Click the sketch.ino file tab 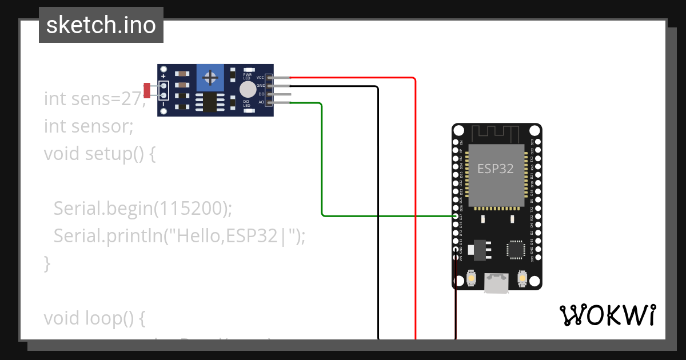click(x=101, y=25)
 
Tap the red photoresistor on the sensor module click(x=147, y=90)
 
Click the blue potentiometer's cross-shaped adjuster click(x=210, y=77)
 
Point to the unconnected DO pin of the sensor click(x=280, y=94)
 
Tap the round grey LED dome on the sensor click(x=248, y=89)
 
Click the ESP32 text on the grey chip click(x=495, y=169)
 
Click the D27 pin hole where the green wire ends click(x=456, y=217)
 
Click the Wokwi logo click(x=607, y=315)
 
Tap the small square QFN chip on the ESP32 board click(x=515, y=250)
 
